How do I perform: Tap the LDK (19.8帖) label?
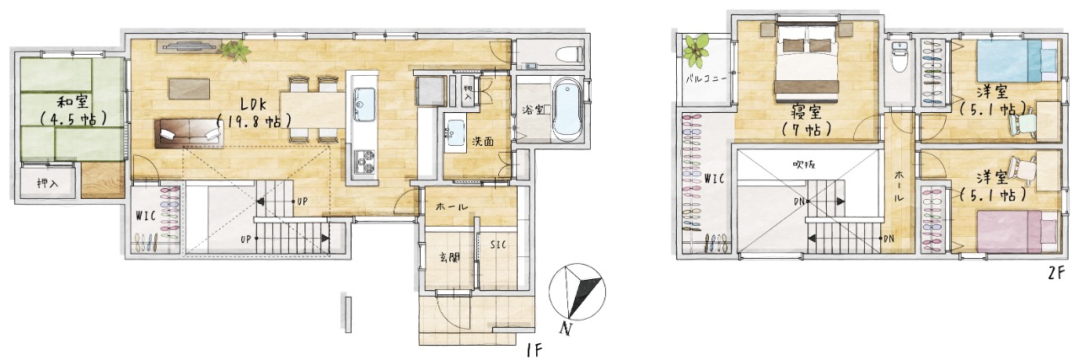(x=255, y=111)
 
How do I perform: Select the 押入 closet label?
(x=47, y=184)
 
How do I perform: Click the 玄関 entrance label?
(x=448, y=257)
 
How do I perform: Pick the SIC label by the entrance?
(x=498, y=244)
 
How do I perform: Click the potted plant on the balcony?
(x=696, y=51)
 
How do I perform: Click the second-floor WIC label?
(x=714, y=178)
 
